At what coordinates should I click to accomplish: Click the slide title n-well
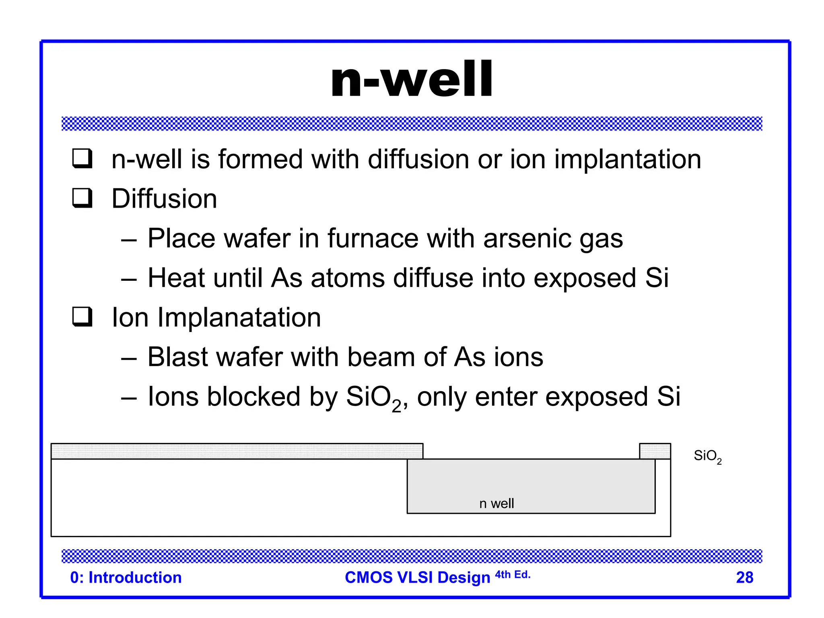[411, 79]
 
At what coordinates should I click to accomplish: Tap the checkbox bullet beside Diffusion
[82, 198]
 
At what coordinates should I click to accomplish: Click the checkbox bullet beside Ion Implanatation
[82, 317]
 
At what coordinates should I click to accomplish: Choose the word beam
[381, 357]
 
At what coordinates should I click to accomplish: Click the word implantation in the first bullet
[628, 160]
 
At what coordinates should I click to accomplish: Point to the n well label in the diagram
[496, 503]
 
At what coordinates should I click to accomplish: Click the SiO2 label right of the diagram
[707, 456]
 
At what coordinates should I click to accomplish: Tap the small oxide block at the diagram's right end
[655, 451]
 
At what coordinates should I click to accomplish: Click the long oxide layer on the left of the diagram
[237, 451]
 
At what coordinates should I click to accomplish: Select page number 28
[744, 577]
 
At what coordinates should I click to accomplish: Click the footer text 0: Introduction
[126, 577]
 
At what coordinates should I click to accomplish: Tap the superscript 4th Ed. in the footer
[513, 575]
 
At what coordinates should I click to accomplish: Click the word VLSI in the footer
[414, 577]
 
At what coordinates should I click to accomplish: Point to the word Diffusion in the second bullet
[164, 199]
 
